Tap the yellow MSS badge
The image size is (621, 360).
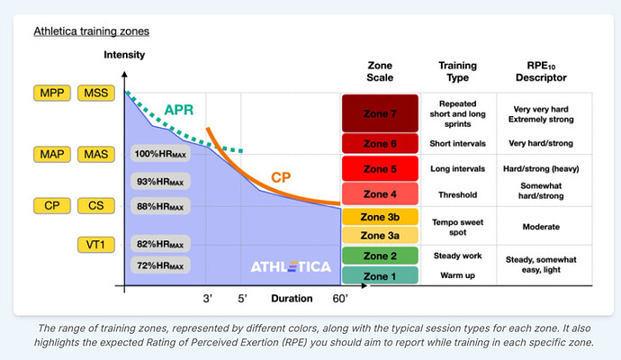[95, 93]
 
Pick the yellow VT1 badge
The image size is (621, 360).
[95, 244]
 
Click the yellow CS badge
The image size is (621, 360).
[95, 206]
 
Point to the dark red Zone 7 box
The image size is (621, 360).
[379, 113]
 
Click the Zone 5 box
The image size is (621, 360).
[379, 168]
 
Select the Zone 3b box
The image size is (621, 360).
[379, 217]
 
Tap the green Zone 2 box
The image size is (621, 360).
[379, 256]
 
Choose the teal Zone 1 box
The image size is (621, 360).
[379, 275]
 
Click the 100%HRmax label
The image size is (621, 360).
[160, 154]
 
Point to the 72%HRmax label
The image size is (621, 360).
[160, 265]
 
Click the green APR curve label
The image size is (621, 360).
[180, 112]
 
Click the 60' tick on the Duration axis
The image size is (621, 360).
[340, 298]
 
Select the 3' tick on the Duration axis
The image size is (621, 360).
[208, 298]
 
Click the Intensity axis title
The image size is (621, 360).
[124, 55]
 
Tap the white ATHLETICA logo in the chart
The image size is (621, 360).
[290, 266]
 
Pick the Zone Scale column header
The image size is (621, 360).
[381, 72]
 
